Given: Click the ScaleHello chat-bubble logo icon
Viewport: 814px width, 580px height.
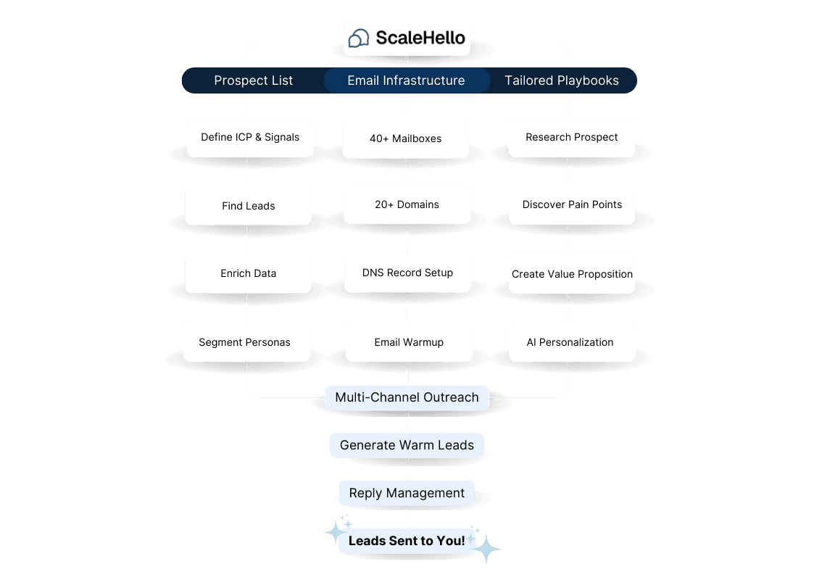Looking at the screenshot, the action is tap(358, 38).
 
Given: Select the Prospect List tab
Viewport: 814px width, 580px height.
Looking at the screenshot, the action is tap(254, 80).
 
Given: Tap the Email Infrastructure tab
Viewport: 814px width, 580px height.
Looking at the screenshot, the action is tap(407, 80).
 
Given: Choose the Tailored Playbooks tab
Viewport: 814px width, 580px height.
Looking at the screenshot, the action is tap(562, 80).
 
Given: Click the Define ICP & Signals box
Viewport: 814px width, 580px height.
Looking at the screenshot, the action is tap(250, 137).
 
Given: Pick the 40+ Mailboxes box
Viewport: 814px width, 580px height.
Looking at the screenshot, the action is tap(406, 138).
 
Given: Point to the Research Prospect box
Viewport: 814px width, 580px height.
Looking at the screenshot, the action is tap(572, 137).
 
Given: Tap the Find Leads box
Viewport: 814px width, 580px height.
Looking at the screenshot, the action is tap(249, 206).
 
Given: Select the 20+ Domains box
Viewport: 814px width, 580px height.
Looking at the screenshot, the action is tap(407, 204).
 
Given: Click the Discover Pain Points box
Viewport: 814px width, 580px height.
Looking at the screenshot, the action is tap(572, 204).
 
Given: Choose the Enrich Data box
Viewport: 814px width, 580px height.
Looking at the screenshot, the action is tap(249, 273).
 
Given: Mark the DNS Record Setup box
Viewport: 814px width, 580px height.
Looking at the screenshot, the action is tap(407, 273).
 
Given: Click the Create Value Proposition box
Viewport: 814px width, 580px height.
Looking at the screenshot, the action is tap(572, 274).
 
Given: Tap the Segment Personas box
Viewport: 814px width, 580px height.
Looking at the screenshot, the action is tap(246, 342).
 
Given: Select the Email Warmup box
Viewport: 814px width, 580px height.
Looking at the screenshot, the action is tap(409, 342).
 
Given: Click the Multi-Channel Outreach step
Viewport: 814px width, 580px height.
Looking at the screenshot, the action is tap(407, 398).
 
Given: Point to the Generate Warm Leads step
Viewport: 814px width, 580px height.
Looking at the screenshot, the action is tap(407, 446).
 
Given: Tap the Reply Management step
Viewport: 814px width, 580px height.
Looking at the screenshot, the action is tap(407, 493).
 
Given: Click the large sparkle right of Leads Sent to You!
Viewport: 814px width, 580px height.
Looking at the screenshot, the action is tap(486, 549).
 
